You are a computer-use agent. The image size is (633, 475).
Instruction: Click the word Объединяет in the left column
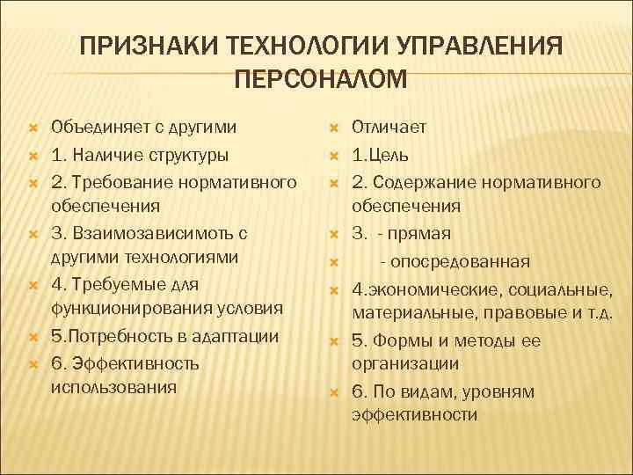98,127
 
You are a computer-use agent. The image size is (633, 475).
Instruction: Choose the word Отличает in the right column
389,127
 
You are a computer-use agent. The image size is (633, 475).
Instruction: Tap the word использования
113,386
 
